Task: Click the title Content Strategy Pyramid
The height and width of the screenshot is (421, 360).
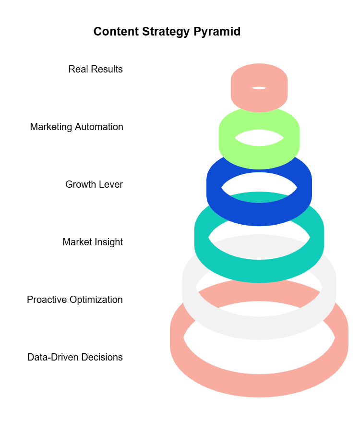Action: pos(167,32)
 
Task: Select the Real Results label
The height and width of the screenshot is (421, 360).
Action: pos(96,69)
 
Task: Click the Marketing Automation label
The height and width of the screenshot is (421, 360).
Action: pos(76,127)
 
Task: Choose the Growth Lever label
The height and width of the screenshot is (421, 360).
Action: pos(94,184)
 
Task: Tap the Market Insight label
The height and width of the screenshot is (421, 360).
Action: pos(93,242)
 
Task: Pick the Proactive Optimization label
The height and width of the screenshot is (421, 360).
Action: pos(75,300)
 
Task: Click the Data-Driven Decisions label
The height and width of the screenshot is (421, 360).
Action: pos(75,357)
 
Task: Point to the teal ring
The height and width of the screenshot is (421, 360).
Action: pos(259,271)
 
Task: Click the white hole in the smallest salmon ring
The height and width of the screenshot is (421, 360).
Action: pos(259,88)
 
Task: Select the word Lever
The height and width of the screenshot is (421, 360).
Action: pos(111,184)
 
